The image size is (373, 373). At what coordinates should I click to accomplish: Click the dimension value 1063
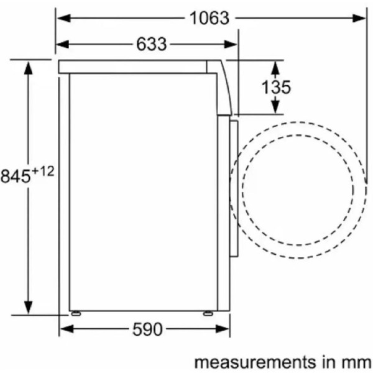210,18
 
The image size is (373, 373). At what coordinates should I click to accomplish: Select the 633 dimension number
151,44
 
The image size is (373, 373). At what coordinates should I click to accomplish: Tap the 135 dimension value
276,87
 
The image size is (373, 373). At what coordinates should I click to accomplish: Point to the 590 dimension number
147,329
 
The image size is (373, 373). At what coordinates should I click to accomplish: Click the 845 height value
16,177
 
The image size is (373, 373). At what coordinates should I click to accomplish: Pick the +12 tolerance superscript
43,172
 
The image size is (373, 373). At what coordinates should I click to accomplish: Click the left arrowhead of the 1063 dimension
64,18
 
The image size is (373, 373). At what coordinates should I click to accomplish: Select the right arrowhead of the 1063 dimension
359,18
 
